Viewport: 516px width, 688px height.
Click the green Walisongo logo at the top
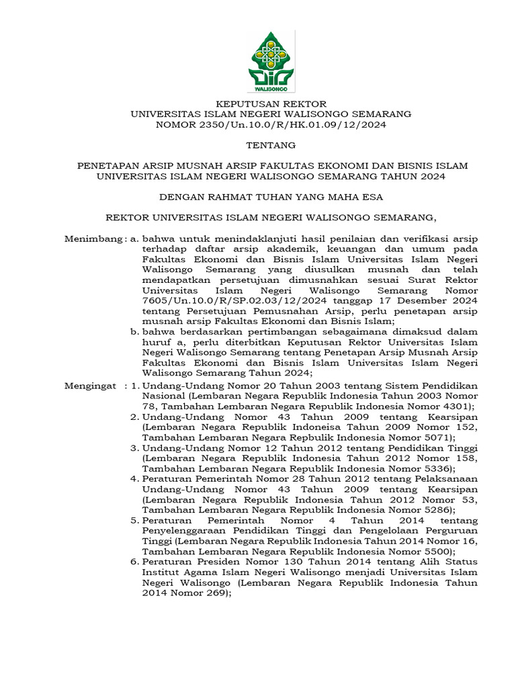(x=271, y=61)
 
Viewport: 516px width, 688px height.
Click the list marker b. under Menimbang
(x=134, y=331)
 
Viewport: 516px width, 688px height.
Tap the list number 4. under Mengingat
(x=134, y=479)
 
